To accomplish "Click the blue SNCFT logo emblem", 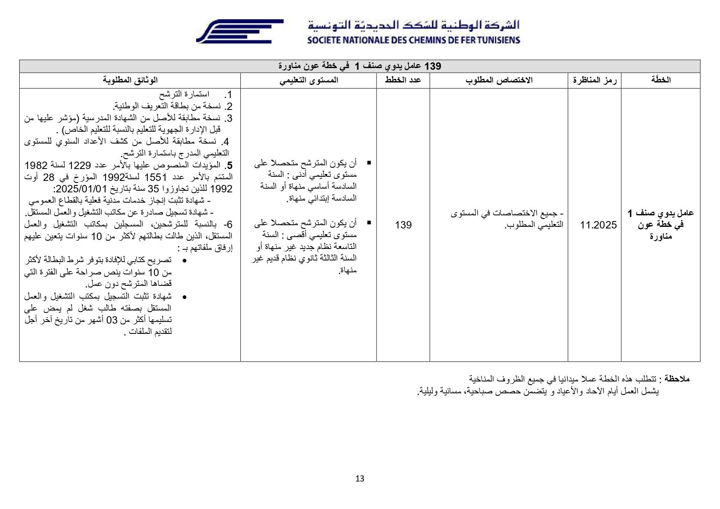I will click(x=239, y=31).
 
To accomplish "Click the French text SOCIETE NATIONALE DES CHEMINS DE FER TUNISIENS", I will click(x=413, y=40).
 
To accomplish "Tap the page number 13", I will click(x=360, y=479).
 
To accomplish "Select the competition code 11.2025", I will click(x=598, y=225).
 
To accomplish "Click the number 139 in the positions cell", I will click(x=403, y=225).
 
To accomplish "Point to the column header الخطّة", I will click(x=661, y=80).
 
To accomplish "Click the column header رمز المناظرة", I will click(x=594, y=80).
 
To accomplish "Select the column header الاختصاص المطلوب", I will click(x=498, y=80).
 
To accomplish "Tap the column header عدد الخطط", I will click(x=403, y=80).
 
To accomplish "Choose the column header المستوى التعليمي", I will click(x=309, y=80).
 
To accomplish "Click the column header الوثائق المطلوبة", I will click(x=130, y=80).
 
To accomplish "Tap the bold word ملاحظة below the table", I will click(x=677, y=379).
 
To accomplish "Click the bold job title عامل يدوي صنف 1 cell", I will click(x=661, y=225).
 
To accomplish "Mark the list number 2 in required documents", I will click(x=229, y=107).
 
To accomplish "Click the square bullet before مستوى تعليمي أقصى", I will click(x=369, y=223).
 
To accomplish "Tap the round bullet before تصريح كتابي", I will click(x=184, y=261).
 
